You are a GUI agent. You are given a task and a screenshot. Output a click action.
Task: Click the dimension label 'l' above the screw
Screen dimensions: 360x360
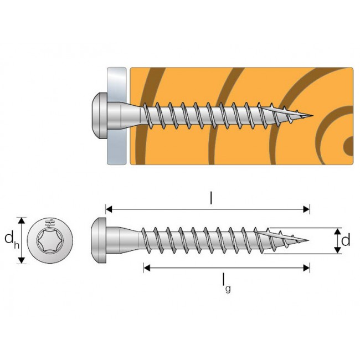211,198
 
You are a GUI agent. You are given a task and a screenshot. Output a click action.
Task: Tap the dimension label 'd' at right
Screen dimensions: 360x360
346,240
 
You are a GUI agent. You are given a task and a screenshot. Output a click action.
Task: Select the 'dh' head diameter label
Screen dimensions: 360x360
10,239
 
